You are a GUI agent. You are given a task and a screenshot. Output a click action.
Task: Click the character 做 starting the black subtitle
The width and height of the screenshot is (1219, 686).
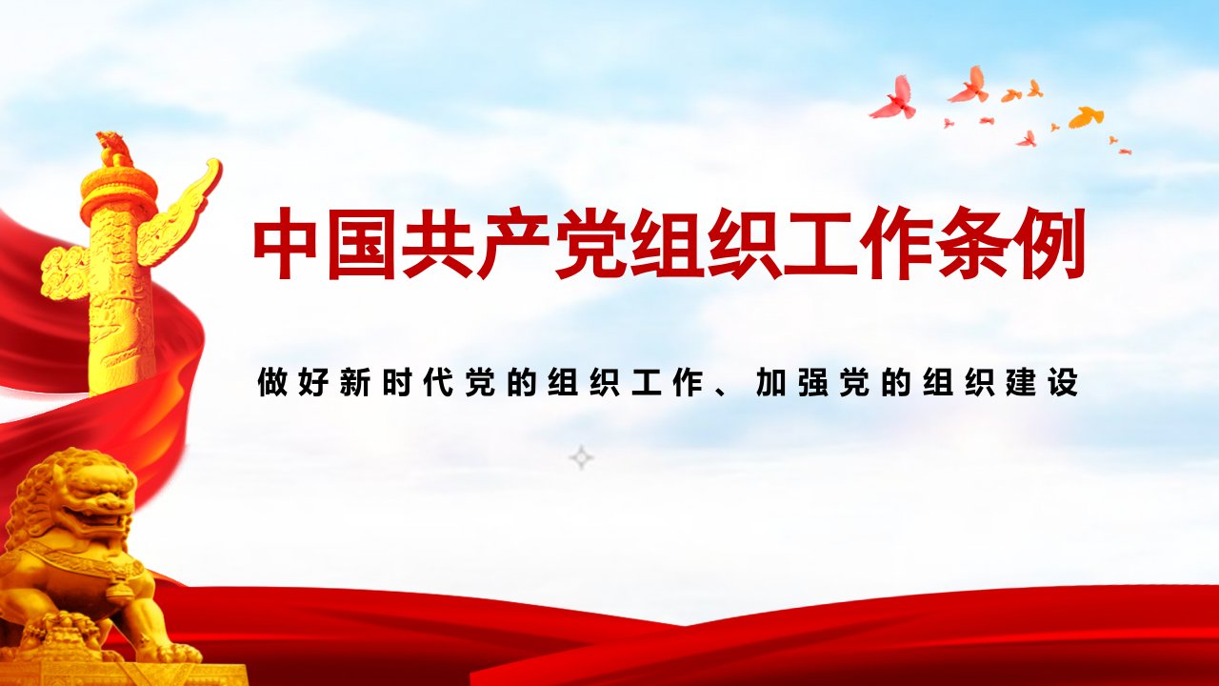tap(271, 382)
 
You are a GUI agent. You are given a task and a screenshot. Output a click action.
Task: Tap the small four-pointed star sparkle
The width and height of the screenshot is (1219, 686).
tap(581, 457)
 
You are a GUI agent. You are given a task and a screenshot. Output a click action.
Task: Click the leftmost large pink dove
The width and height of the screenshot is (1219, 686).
tap(893, 98)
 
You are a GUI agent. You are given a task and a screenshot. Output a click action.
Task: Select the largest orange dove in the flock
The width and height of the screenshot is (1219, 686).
tap(1087, 117)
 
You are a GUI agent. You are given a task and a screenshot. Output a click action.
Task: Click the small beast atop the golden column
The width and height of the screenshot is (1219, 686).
tap(115, 148)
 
